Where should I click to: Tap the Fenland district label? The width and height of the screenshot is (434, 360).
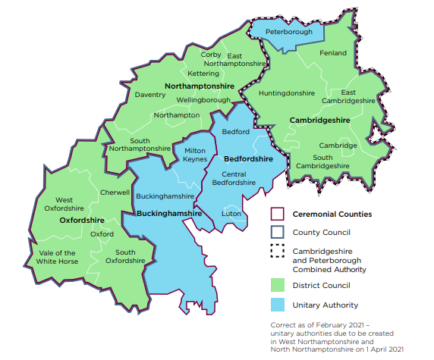tap(333, 53)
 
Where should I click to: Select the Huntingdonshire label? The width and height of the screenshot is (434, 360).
tap(286, 93)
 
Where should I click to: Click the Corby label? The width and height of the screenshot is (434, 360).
tap(211, 55)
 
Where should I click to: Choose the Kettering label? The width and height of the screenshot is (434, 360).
tap(203, 74)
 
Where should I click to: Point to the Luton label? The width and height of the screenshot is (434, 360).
tap(231, 214)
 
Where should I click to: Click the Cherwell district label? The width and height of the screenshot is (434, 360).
tap(115, 193)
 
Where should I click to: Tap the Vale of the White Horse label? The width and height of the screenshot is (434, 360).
tap(56, 257)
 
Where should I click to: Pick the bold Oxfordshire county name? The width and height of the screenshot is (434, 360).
tap(81, 220)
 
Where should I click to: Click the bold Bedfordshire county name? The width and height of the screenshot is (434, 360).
tap(248, 160)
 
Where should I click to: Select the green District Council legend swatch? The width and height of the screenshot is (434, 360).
tap(278, 286)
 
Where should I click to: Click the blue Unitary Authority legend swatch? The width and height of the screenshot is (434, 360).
tap(278, 305)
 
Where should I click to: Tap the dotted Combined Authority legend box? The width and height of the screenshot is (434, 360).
tap(278, 251)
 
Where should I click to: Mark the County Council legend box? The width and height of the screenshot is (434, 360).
tap(278, 232)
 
